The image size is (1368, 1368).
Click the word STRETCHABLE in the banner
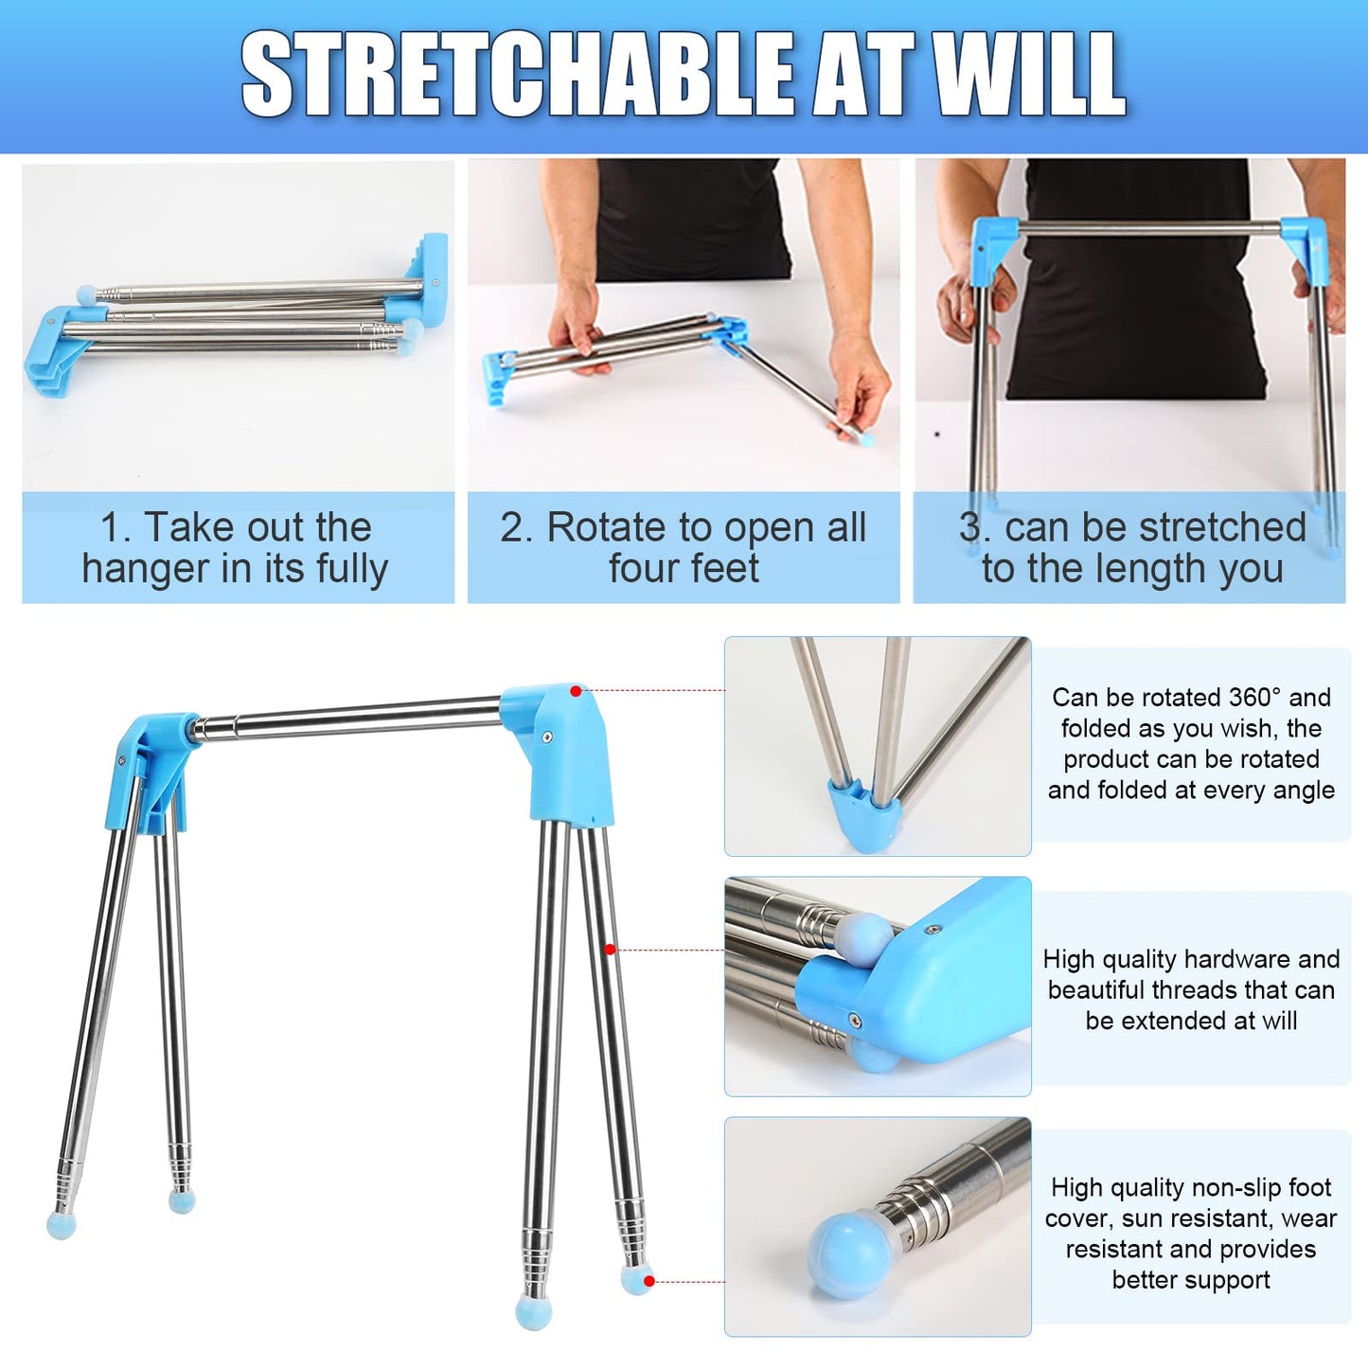(x=516, y=74)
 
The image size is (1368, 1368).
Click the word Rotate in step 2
(x=609, y=527)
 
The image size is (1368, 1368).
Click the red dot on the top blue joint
(x=576, y=691)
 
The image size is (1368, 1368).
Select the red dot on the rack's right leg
(x=609, y=950)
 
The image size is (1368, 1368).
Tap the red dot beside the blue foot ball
(x=648, y=1282)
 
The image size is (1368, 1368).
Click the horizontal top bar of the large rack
(x=347, y=720)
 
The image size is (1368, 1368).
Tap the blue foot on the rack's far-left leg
(x=61, y=1225)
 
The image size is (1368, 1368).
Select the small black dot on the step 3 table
(x=937, y=433)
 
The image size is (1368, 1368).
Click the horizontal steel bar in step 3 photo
(x=1150, y=228)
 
